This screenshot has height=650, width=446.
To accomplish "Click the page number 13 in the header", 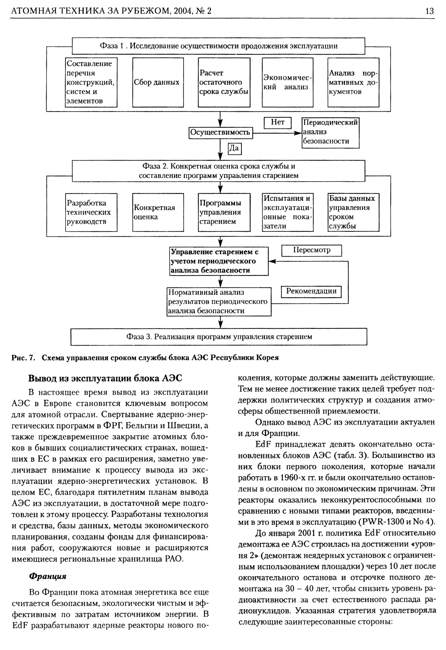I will tap(429, 11).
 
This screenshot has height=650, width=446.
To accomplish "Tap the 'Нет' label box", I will tap(277, 123).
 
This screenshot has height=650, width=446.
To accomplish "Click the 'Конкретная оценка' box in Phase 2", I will tap(158, 212).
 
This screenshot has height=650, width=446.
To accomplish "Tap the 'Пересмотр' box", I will tap(311, 250).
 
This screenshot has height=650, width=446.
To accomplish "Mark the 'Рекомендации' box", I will tap(311, 291).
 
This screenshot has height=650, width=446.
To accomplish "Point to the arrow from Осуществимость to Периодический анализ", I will tap(277, 133).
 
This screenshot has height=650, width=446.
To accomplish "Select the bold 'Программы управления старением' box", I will tap(224, 212).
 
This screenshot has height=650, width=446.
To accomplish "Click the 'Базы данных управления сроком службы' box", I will tap(353, 212).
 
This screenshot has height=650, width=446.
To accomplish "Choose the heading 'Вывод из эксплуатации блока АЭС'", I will tap(105, 378).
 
